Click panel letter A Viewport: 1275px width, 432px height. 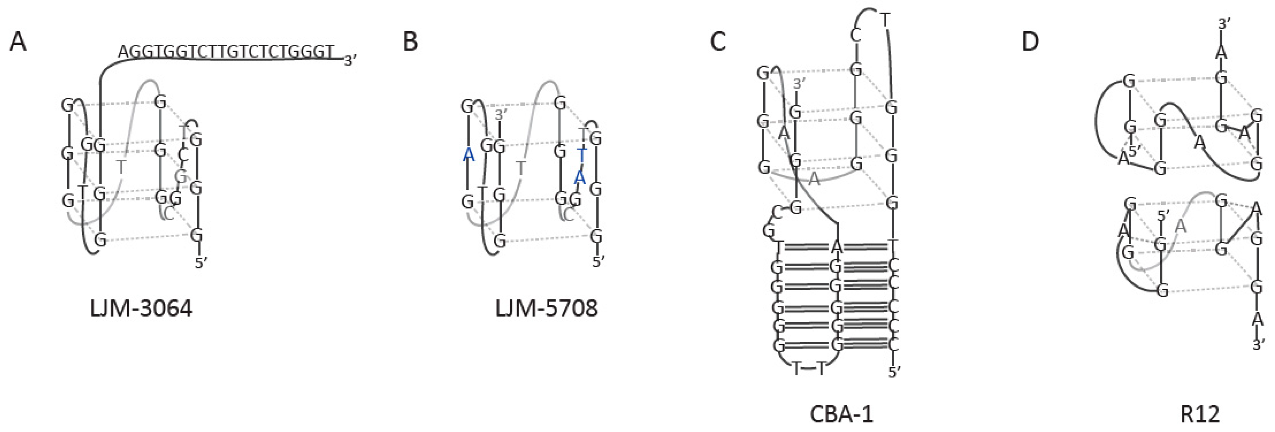tap(18, 42)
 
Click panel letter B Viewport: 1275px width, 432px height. tap(410, 42)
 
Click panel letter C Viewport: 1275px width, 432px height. tap(718, 42)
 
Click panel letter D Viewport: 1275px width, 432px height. tap(1030, 42)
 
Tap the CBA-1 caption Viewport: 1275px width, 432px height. tap(841, 414)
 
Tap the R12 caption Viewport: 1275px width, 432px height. tap(1200, 414)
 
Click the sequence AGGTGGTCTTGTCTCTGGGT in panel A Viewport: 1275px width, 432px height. tap(226, 51)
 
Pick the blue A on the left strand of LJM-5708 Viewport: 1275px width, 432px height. tap(468, 155)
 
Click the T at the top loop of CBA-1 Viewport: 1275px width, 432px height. tap(885, 20)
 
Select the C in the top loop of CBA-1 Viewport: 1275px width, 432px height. tap(856, 36)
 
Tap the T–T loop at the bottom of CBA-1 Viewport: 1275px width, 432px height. tap(809, 369)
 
